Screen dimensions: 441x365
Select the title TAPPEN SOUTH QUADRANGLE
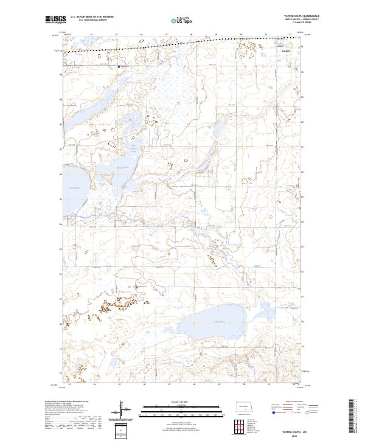[x=297, y=16]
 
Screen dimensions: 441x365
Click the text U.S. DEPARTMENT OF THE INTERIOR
[x=92, y=16]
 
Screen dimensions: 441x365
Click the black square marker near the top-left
[x=119, y=66]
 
